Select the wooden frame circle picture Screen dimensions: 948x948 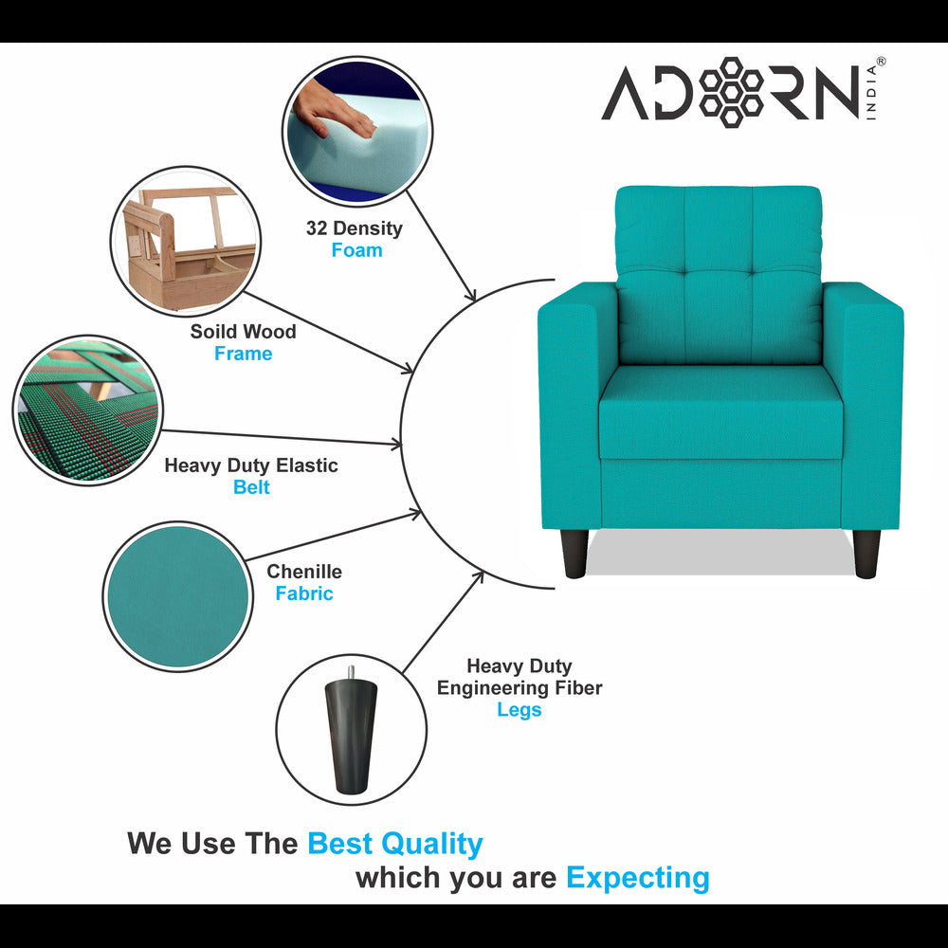tap(186, 243)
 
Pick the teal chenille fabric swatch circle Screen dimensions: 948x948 tap(177, 595)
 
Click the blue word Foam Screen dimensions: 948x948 tap(356, 250)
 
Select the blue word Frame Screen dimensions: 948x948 tap(243, 354)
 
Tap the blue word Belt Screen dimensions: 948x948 tap(251, 487)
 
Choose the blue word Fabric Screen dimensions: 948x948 tap(304, 593)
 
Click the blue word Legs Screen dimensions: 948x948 tap(520, 709)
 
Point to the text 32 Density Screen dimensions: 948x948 tap(354, 228)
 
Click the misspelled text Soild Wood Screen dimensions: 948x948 tap(243, 332)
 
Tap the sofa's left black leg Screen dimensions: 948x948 tap(574, 554)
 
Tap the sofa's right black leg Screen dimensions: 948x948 tap(866, 554)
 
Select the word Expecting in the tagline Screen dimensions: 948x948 tap(637, 878)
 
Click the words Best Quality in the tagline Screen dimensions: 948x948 tap(395, 843)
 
